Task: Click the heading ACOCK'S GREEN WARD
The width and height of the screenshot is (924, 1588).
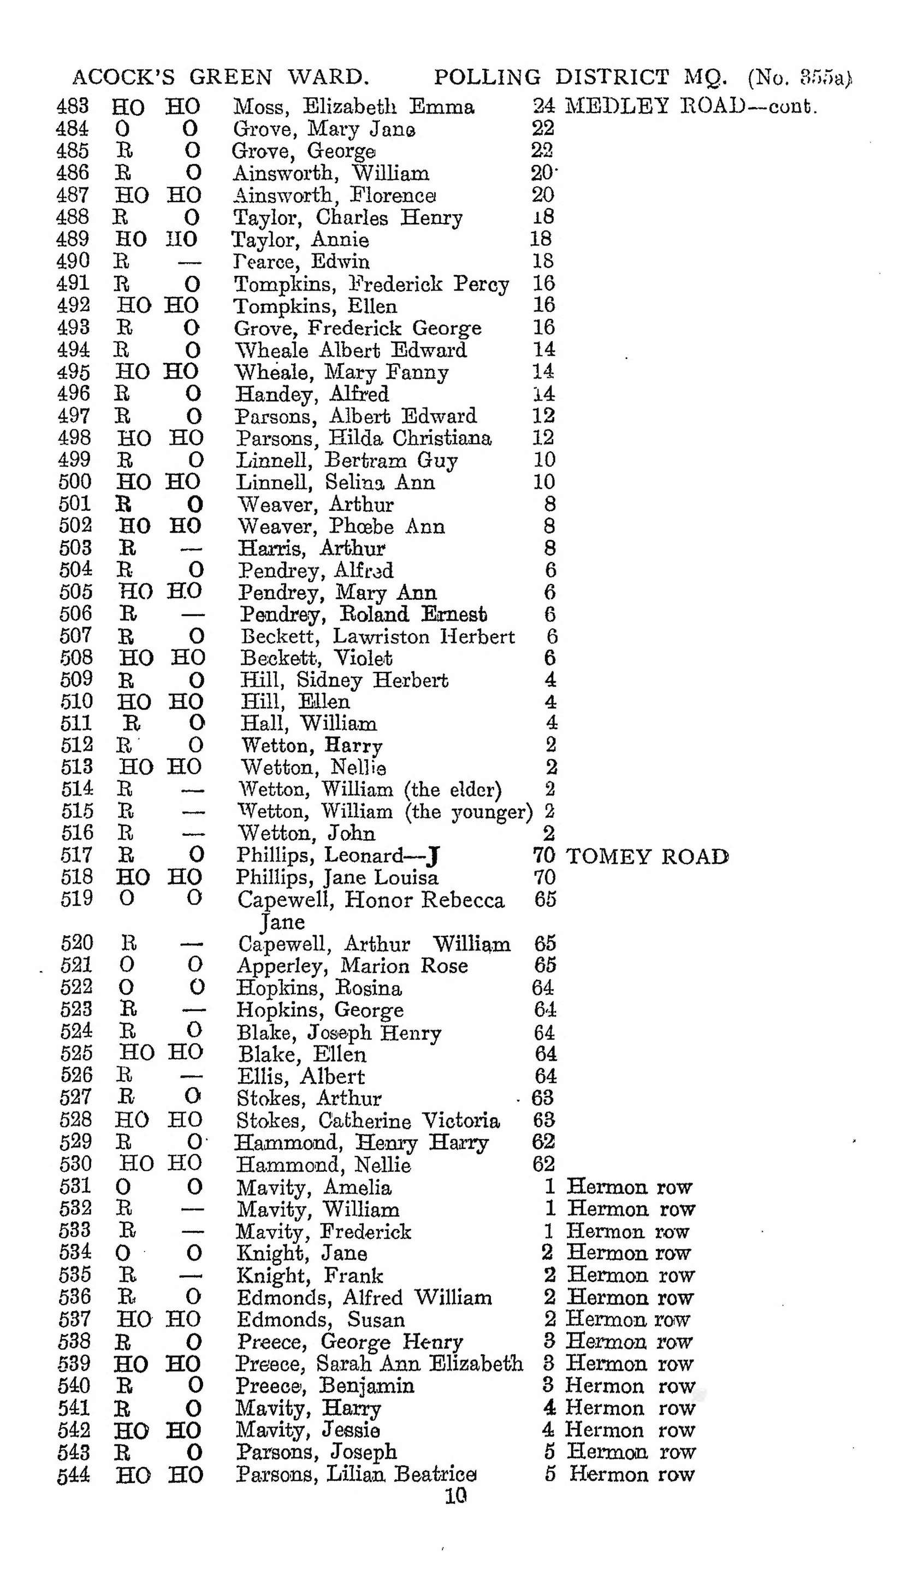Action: point(221,77)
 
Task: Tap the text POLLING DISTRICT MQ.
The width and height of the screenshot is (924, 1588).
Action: point(580,77)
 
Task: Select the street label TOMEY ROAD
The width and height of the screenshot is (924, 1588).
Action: point(647,857)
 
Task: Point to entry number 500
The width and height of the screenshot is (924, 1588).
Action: point(75,482)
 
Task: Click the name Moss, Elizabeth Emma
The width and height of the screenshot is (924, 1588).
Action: point(353,107)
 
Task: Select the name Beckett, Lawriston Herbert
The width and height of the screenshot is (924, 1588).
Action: point(377,636)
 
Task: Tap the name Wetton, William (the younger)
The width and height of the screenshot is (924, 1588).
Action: point(385,811)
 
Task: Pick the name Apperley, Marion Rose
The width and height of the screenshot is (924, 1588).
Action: point(352,965)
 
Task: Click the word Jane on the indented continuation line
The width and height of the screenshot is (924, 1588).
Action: point(283,922)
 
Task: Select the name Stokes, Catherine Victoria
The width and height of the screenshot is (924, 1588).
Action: point(368,1120)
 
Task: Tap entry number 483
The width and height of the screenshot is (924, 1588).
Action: point(73,107)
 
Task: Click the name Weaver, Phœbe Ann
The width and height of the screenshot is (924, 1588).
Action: point(341,526)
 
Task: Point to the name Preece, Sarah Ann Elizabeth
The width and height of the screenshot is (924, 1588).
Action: point(378,1363)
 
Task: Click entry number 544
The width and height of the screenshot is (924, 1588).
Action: point(74,1474)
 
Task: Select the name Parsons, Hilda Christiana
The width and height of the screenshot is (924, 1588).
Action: point(363,438)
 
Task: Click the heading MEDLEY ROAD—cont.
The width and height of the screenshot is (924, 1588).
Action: point(690,107)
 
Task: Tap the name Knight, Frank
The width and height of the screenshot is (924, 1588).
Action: point(309,1275)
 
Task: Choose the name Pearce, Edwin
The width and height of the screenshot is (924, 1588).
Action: point(301,262)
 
